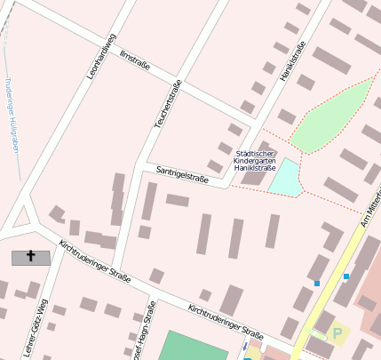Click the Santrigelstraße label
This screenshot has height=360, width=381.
click(x=182, y=173)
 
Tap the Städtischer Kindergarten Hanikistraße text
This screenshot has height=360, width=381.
click(x=254, y=160)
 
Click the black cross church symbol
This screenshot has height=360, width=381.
click(x=31, y=257)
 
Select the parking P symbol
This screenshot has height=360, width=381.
click(x=337, y=334)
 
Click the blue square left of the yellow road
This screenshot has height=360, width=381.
click(x=317, y=283)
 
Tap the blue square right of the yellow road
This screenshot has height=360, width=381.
click(x=346, y=276)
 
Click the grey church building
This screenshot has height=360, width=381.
click(x=31, y=258)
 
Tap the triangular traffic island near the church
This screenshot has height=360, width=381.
click(x=24, y=217)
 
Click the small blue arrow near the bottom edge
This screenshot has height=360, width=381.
click(x=246, y=348)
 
